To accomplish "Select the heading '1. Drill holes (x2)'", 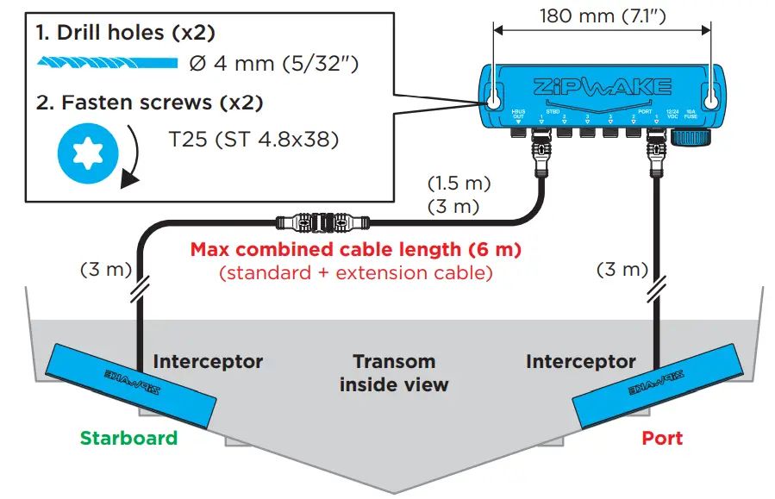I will [x=125, y=33].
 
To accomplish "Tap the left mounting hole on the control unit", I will [x=494, y=99].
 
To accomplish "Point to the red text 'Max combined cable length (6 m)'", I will [x=355, y=250].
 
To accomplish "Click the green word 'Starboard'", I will [x=128, y=438].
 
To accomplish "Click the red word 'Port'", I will [x=661, y=438].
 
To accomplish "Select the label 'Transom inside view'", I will [x=394, y=373].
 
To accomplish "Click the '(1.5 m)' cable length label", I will [x=459, y=184].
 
